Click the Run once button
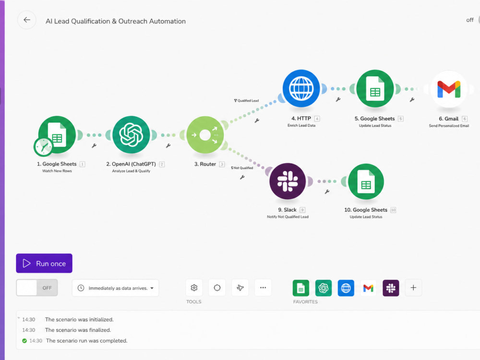[44, 263]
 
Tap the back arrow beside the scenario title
[27, 20]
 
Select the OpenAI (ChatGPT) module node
[131, 135]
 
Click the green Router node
[205, 135]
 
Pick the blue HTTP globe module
[301, 88]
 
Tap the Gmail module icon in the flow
[449, 89]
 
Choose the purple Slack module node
[288, 181]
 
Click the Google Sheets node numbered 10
[366, 181]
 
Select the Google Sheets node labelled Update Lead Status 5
[375, 89]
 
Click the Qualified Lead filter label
[246, 100]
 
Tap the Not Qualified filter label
[242, 168]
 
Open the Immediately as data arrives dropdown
[115, 288]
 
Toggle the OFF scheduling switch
[37, 288]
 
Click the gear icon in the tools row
[194, 288]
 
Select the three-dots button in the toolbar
[263, 288]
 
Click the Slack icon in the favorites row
[391, 288]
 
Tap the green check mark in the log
[24, 341]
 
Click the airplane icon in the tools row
[240, 288]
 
